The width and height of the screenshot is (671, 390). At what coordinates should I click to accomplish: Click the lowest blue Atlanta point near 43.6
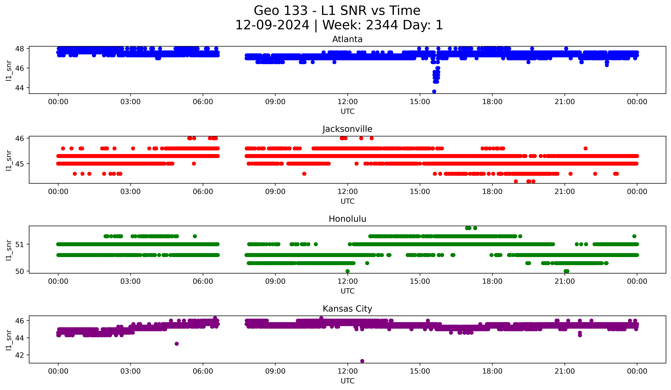click(x=434, y=91)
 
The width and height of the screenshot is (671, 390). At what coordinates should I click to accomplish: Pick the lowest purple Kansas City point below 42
click(x=362, y=361)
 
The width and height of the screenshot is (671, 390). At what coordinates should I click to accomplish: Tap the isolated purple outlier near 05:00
click(x=177, y=344)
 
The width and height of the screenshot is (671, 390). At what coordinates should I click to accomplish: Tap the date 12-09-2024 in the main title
click(x=272, y=25)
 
